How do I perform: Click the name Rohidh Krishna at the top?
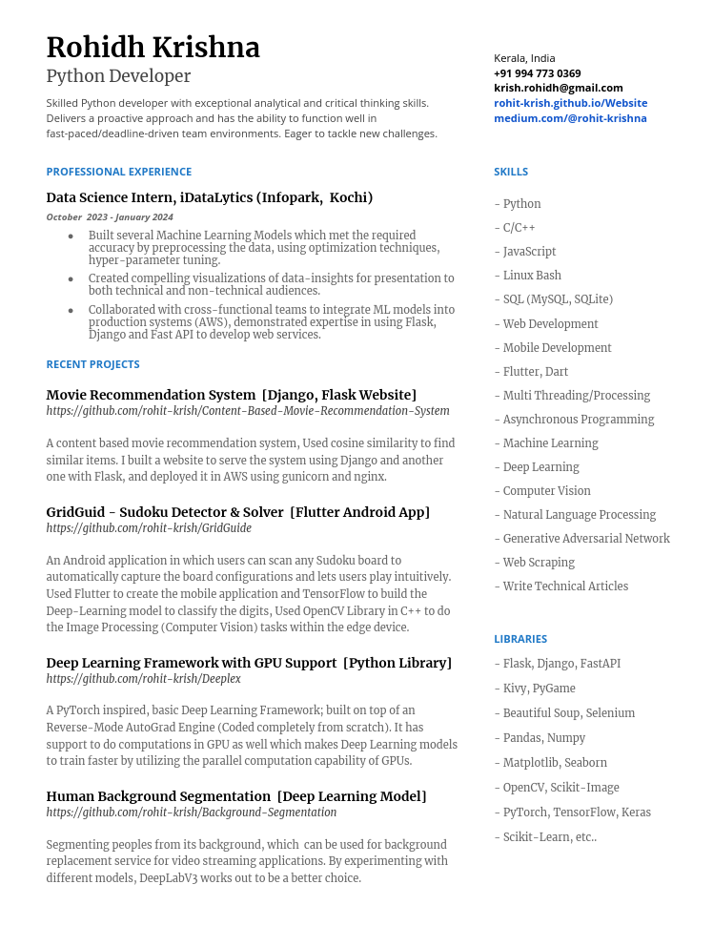coord(153,48)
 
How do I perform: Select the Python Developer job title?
coord(118,76)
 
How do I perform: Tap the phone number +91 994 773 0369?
coord(537,73)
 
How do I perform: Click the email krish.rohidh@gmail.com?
coord(558,88)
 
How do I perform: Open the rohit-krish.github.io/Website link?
coord(570,103)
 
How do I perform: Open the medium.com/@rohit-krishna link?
coord(570,118)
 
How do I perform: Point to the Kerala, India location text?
coord(524,58)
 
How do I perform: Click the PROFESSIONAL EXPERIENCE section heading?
coord(118,172)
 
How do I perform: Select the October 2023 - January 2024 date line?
coord(110,217)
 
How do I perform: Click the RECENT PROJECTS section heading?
coord(92,364)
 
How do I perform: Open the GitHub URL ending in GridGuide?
coord(149,528)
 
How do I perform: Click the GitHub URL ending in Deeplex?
coord(143,679)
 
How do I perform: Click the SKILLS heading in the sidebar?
coord(510,172)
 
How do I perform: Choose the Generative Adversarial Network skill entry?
coord(584,539)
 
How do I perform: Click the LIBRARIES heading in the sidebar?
coord(519,639)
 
